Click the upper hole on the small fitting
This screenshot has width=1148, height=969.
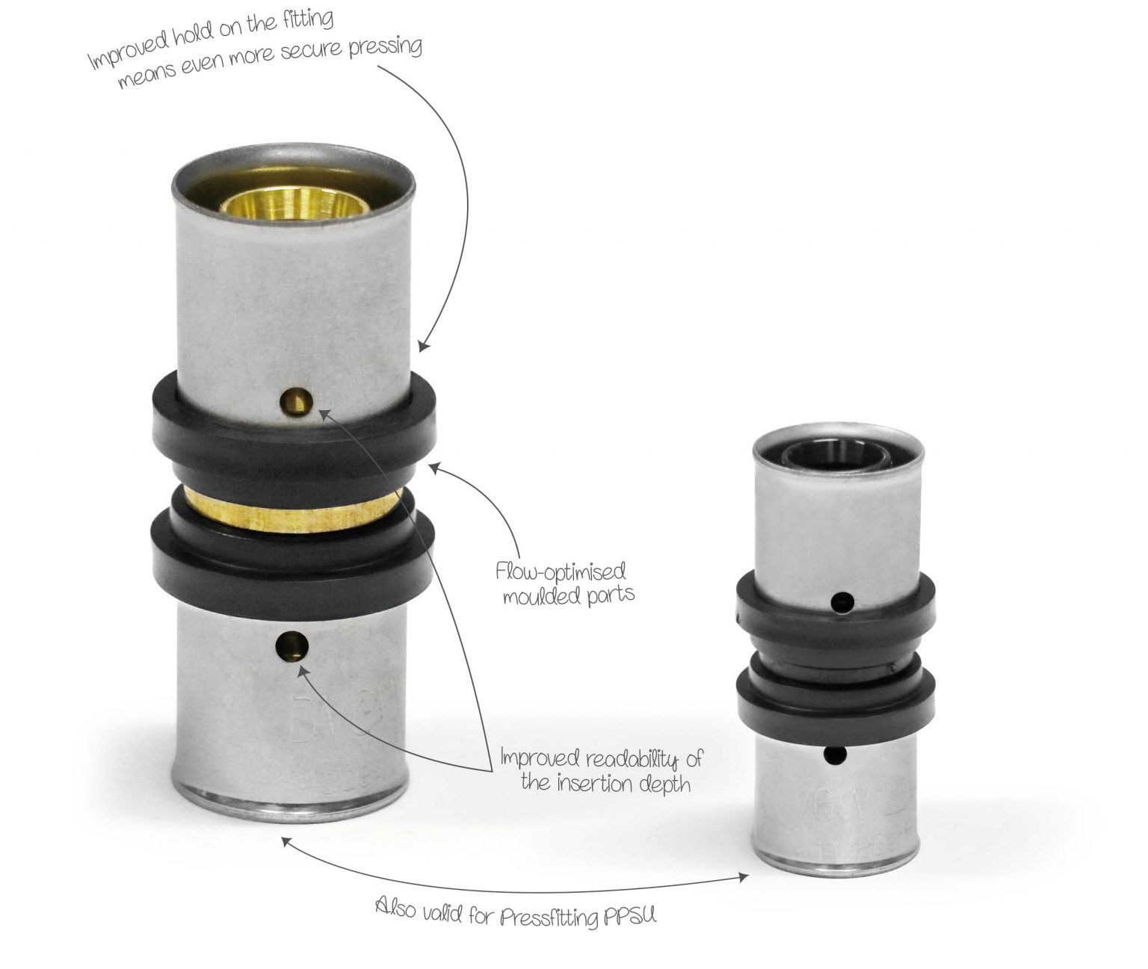[842, 601]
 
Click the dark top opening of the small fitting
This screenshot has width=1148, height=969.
[836, 454]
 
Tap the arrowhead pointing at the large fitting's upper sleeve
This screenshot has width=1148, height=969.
[424, 347]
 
